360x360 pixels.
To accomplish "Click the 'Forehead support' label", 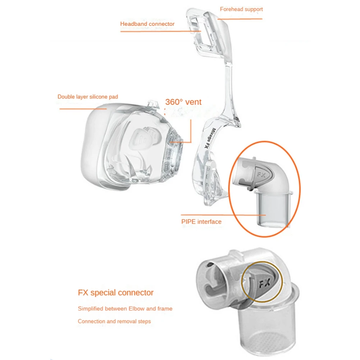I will click(x=241, y=9).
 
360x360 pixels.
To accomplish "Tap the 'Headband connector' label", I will click(x=147, y=24).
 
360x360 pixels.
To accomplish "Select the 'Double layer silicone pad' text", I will click(x=88, y=97).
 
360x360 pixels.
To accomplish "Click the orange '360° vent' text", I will click(x=183, y=102).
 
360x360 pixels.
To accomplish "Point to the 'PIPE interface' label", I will click(x=201, y=222).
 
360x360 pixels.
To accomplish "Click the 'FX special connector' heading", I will click(x=116, y=293).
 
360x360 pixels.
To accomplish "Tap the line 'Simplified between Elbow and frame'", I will click(x=125, y=309).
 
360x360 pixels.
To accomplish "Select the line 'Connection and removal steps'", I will click(x=114, y=321).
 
